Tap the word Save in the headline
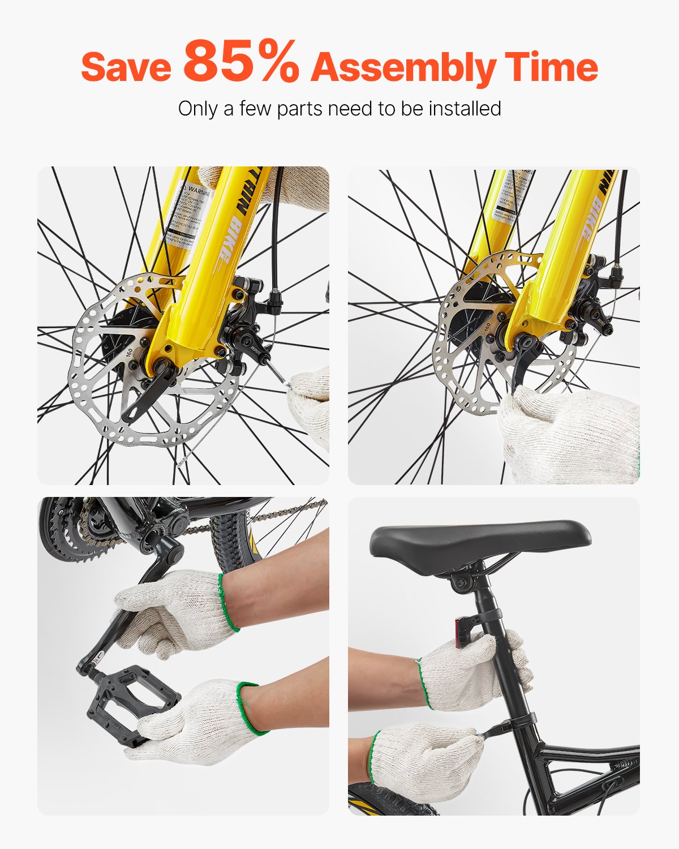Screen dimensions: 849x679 coord(126,67)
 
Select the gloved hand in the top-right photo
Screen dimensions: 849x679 coord(566,436)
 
